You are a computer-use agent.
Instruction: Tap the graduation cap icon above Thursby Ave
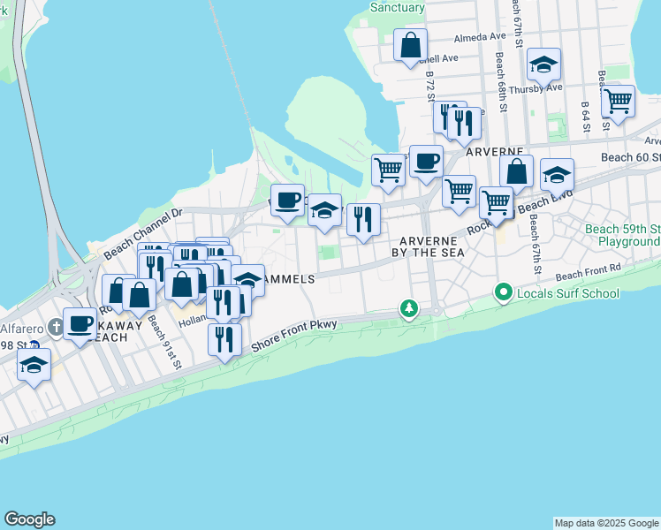[543, 64]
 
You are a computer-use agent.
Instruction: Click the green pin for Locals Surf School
[504, 291]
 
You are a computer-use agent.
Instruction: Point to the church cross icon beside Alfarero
[56, 324]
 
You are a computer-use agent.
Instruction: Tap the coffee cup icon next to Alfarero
[80, 324]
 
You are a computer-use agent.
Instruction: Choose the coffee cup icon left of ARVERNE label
[426, 162]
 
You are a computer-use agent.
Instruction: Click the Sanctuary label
[398, 6]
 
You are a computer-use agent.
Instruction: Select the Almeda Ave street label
[479, 38]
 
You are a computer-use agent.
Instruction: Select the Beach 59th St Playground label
[622, 235]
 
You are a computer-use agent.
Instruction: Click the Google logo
[29, 519]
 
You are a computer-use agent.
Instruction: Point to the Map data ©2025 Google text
[606, 523]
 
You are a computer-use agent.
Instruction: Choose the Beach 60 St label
[630, 156]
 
